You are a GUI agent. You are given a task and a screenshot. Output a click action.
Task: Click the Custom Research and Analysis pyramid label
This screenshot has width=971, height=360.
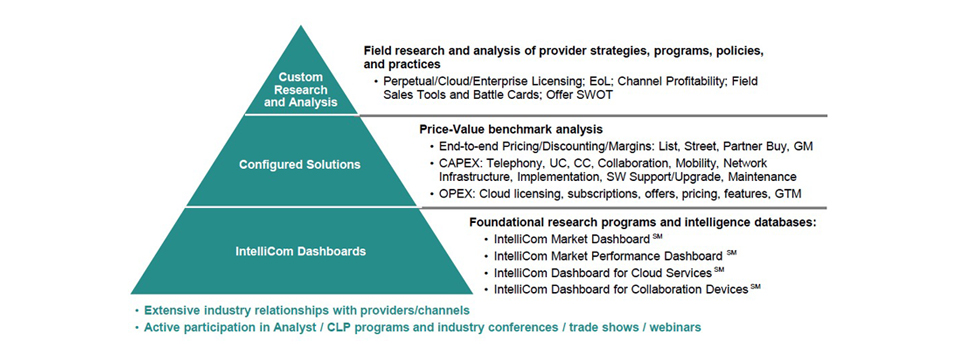tap(301, 90)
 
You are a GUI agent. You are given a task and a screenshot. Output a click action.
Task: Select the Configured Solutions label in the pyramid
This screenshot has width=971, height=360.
tap(300, 165)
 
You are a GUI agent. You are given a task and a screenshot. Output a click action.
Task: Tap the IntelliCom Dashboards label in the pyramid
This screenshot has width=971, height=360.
tap(300, 252)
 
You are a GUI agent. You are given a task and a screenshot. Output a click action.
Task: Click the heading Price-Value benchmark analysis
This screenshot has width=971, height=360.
tap(511, 130)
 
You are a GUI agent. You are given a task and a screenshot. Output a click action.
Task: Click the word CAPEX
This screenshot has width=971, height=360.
tap(459, 163)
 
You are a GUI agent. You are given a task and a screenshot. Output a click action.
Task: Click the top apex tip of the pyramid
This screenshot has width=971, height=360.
tap(301, 26)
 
